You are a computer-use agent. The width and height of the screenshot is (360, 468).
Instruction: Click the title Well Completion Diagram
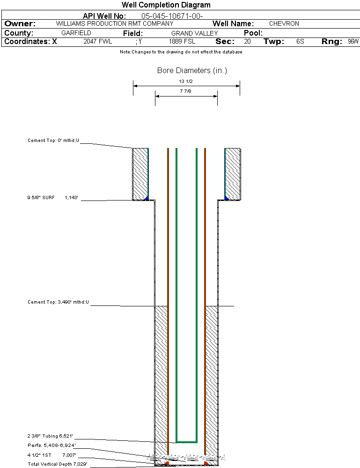click(166, 5)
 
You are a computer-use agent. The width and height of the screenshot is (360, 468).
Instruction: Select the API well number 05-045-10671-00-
click(172, 16)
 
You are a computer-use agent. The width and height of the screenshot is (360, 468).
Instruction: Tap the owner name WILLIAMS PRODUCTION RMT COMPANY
click(114, 23)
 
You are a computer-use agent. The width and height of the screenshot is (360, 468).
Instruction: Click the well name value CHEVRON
click(284, 23)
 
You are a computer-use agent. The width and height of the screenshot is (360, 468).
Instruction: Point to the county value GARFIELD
click(76, 33)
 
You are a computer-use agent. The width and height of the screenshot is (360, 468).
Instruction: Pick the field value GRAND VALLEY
click(194, 33)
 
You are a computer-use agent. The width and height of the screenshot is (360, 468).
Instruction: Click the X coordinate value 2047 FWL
click(97, 41)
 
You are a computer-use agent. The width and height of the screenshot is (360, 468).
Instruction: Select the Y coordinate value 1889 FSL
click(182, 41)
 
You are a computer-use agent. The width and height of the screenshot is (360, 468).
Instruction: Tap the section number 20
click(247, 41)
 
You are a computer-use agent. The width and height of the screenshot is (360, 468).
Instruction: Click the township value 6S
click(300, 41)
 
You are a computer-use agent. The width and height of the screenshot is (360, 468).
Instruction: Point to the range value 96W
click(353, 41)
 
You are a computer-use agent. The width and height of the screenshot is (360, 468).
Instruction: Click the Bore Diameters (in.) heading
click(192, 71)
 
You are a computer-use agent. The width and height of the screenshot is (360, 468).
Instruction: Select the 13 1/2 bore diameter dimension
click(186, 81)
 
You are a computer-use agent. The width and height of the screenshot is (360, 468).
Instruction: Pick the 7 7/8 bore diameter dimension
click(186, 91)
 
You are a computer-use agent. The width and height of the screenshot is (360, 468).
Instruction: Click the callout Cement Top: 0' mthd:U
click(53, 141)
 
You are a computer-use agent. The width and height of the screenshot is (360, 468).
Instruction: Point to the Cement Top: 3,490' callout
click(58, 302)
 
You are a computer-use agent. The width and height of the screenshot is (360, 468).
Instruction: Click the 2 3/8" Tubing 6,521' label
click(50, 436)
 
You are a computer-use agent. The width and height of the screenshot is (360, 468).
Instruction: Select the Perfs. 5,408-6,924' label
click(51, 445)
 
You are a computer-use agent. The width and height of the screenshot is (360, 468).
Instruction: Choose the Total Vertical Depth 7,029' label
click(57, 464)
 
